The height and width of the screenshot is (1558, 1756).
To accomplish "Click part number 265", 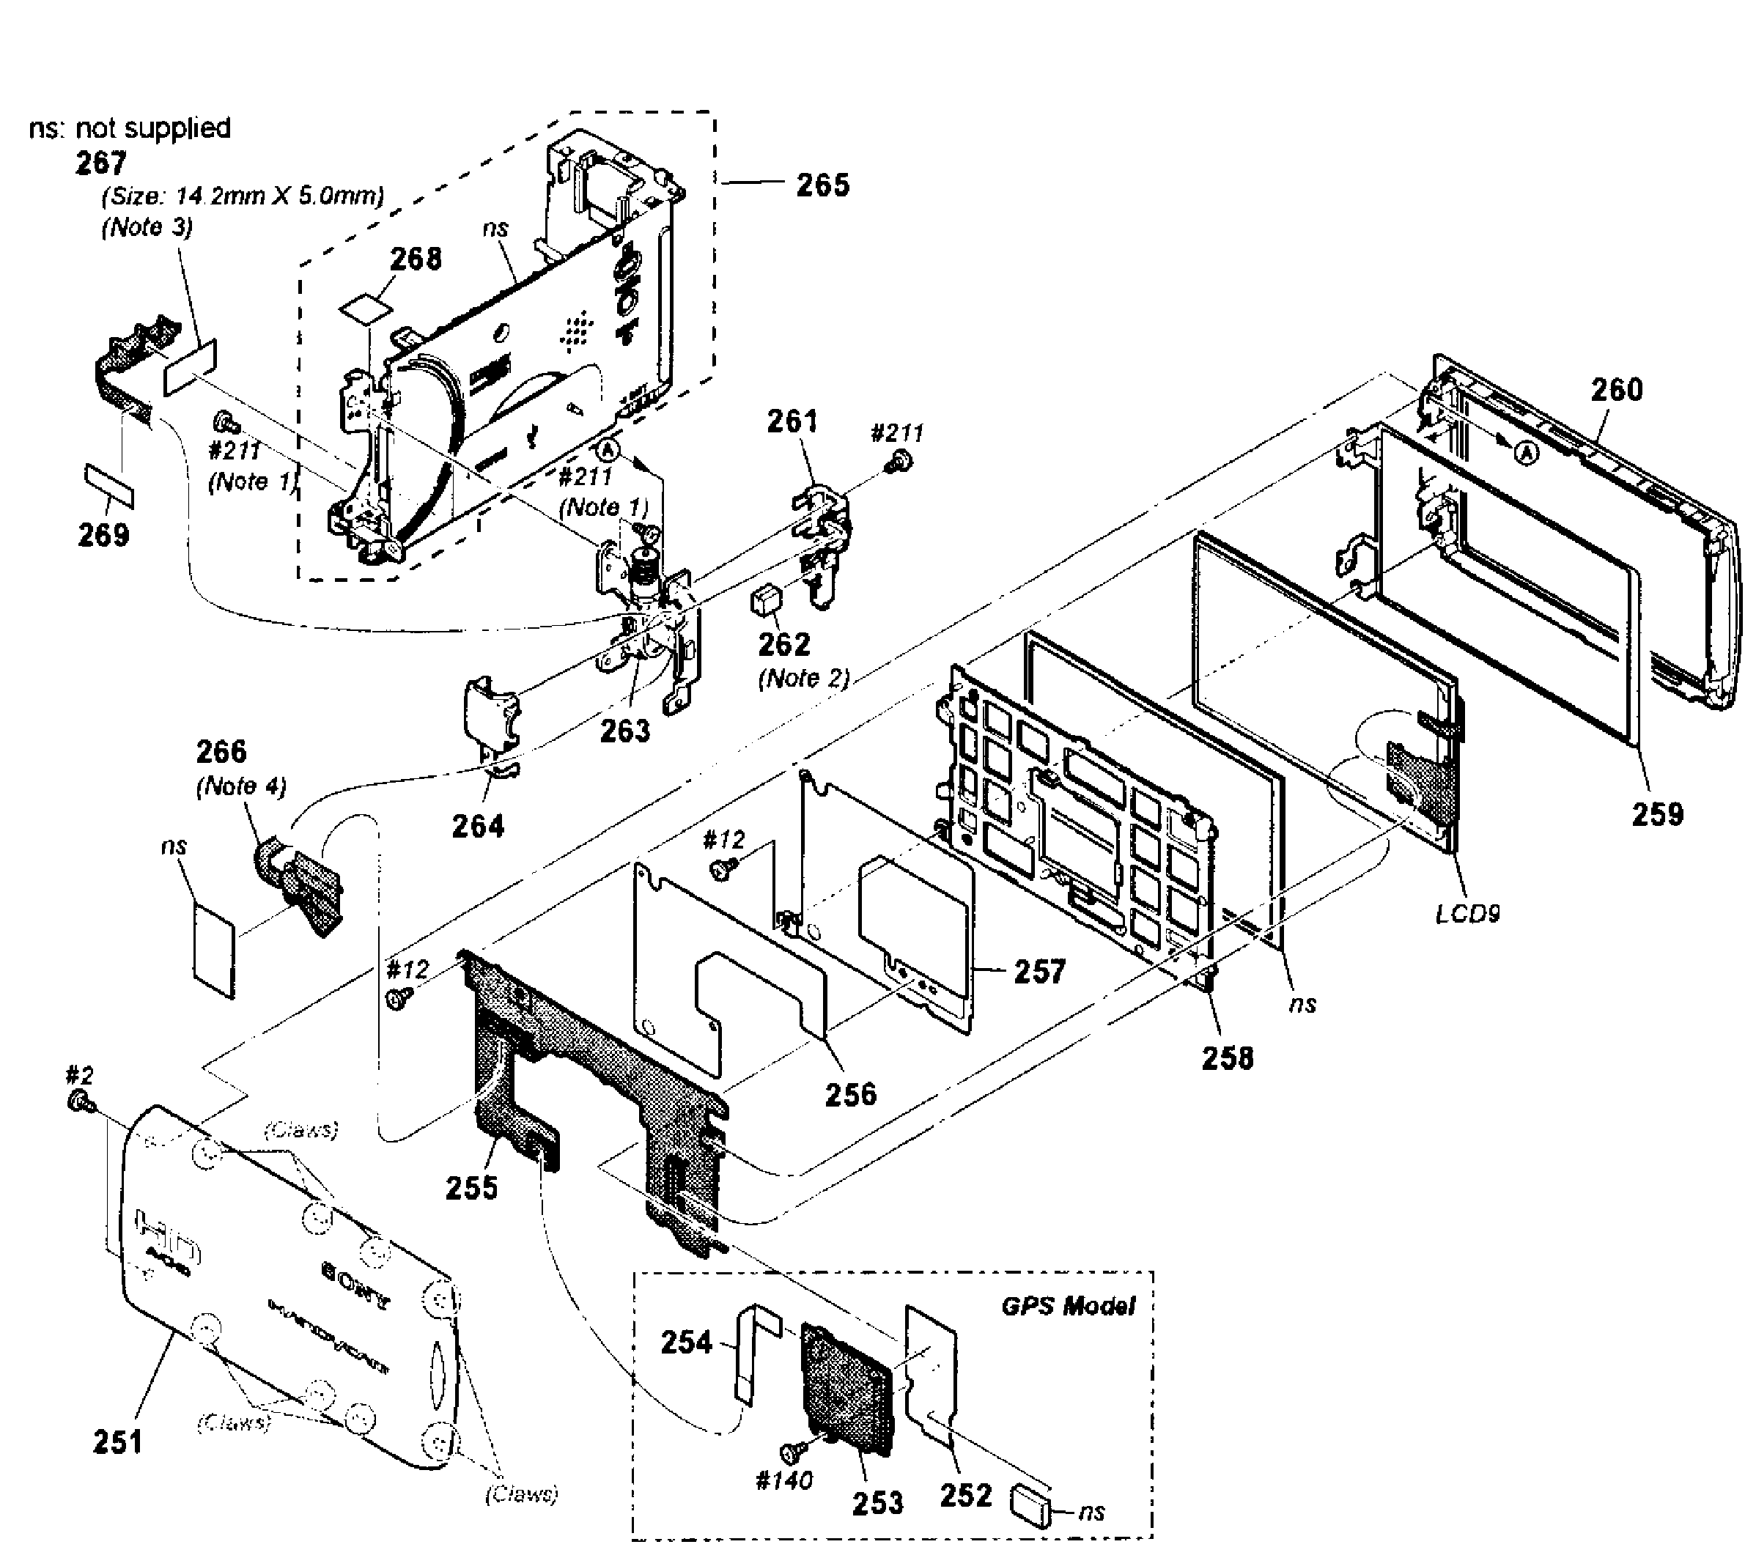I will pyautogui.click(x=822, y=185).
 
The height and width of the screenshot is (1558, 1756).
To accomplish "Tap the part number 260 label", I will pyautogui.click(x=1616, y=390).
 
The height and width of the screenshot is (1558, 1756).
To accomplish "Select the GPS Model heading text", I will pyautogui.click(x=1068, y=1307).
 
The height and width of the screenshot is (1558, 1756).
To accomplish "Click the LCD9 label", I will pyautogui.click(x=1467, y=914).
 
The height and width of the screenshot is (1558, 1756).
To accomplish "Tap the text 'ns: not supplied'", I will pyautogui.click(x=130, y=128).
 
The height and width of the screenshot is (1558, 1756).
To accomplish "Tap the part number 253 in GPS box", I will pyautogui.click(x=877, y=1502).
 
